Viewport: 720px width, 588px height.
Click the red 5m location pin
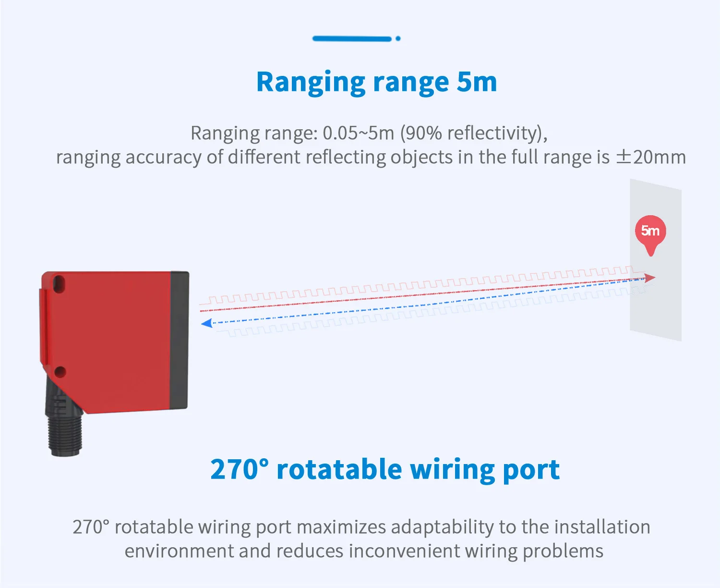[650, 232]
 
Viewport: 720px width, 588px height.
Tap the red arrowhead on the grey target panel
[650, 278]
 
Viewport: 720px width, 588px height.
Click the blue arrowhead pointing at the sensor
[207, 323]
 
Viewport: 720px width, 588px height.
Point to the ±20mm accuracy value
[651, 157]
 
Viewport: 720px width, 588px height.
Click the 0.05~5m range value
[358, 133]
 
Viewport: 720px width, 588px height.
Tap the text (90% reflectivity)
[473, 133]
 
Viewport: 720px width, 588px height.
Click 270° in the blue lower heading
[240, 469]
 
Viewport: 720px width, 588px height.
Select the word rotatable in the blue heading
[339, 469]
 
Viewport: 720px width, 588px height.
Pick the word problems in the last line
[563, 551]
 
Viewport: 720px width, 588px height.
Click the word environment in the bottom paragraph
[179, 551]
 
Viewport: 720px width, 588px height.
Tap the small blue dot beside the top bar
[398, 38]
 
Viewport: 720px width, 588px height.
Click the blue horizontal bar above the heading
[352, 38]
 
